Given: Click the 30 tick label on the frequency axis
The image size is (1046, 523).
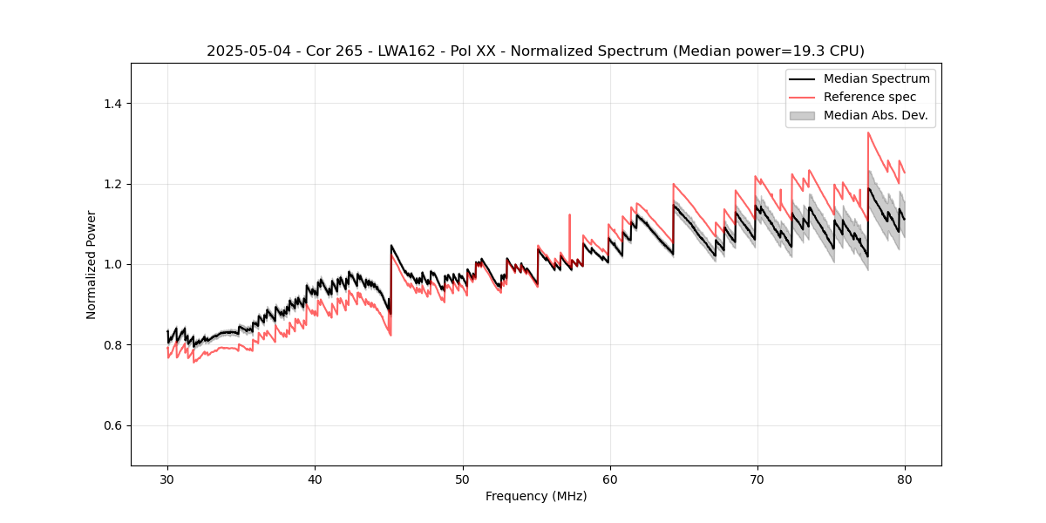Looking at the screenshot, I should [167, 479].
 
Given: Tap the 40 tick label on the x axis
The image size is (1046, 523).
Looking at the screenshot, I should [315, 479].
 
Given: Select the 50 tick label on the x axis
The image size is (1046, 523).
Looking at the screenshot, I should [462, 479].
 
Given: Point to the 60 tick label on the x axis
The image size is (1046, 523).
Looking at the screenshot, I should [609, 479].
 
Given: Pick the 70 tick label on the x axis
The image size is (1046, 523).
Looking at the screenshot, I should [757, 479].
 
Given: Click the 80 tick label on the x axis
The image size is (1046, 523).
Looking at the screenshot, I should [904, 479].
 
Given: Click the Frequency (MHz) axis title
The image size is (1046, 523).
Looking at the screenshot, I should [536, 496].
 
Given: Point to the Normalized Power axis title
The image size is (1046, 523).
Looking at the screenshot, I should [92, 264].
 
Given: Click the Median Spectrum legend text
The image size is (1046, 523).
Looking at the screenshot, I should [876, 78].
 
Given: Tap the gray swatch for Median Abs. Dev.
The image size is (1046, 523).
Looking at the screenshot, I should [801, 115].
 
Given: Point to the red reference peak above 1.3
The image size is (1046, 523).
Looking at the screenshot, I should [868, 133].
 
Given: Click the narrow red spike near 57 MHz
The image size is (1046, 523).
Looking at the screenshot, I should [569, 215].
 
